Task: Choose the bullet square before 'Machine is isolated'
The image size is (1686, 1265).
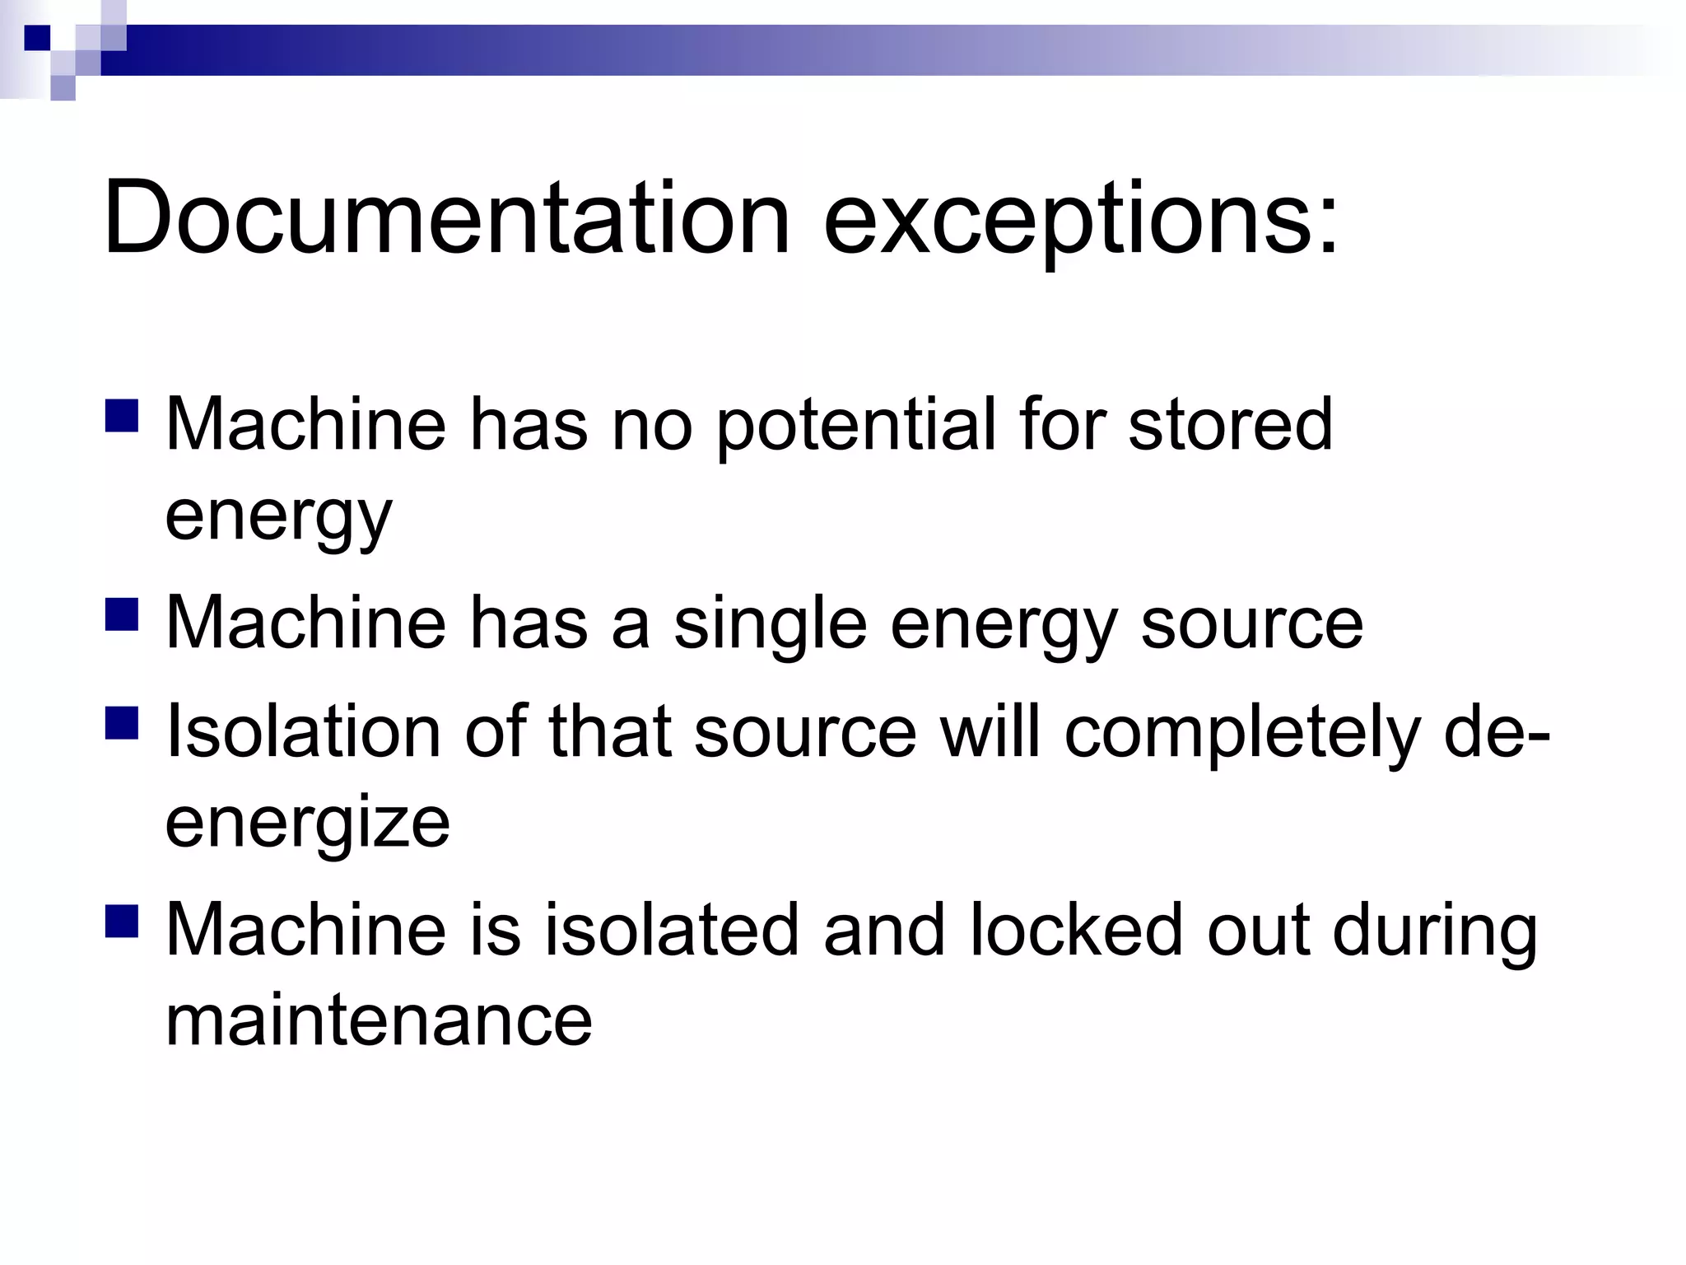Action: point(122,922)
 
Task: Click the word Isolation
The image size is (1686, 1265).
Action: point(304,732)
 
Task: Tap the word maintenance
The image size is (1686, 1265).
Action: point(379,1020)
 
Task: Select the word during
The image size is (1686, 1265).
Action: point(1435,933)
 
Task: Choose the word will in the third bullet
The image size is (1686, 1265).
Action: point(991,732)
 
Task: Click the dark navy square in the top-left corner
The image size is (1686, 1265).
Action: point(36,38)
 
